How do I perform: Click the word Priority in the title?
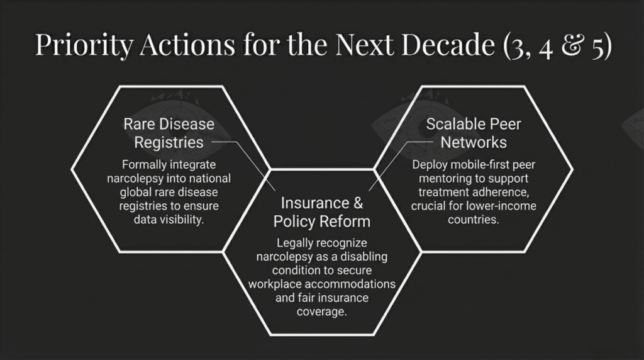click(84, 45)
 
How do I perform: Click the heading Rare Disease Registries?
click(169, 133)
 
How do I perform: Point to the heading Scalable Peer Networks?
click(474, 133)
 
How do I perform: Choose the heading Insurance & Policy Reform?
click(322, 212)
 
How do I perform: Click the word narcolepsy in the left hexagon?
click(130, 179)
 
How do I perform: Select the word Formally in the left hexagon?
click(140, 165)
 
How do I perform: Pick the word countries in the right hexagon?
click(474, 220)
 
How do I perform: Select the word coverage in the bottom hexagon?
click(322, 312)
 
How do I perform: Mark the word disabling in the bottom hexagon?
click(364, 257)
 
